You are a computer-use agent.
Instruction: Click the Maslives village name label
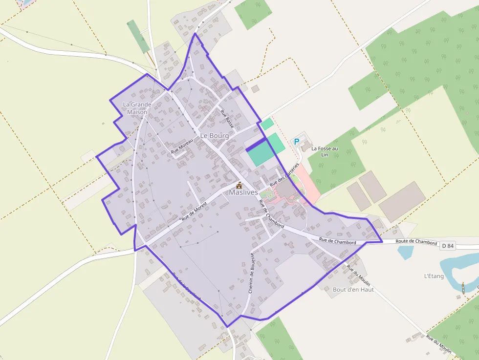coord(243,192)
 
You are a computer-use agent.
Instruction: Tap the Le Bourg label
coord(215,135)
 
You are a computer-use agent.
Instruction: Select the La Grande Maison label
coord(137,108)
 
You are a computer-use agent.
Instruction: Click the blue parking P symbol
coord(296,142)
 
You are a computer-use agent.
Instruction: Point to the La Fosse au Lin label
coord(324,151)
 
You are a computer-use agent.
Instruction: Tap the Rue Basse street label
coord(227,119)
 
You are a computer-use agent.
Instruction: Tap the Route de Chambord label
coord(416,241)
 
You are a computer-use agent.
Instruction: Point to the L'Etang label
coord(434,276)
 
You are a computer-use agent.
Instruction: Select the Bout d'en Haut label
coord(353,289)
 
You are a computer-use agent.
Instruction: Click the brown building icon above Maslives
coord(239,185)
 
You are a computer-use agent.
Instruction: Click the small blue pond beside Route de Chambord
coord(405,252)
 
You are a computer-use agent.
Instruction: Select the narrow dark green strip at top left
coord(138,36)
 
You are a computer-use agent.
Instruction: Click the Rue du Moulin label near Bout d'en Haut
coord(358,275)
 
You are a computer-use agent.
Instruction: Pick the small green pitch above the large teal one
coord(267,124)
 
